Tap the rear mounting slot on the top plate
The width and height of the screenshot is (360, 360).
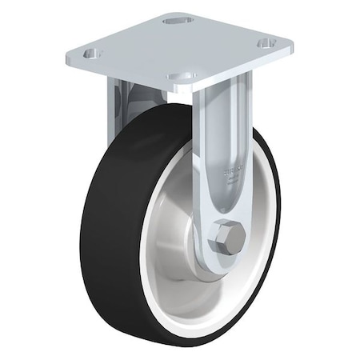tap(174, 20)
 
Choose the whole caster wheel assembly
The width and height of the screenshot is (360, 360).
tap(180, 184)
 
